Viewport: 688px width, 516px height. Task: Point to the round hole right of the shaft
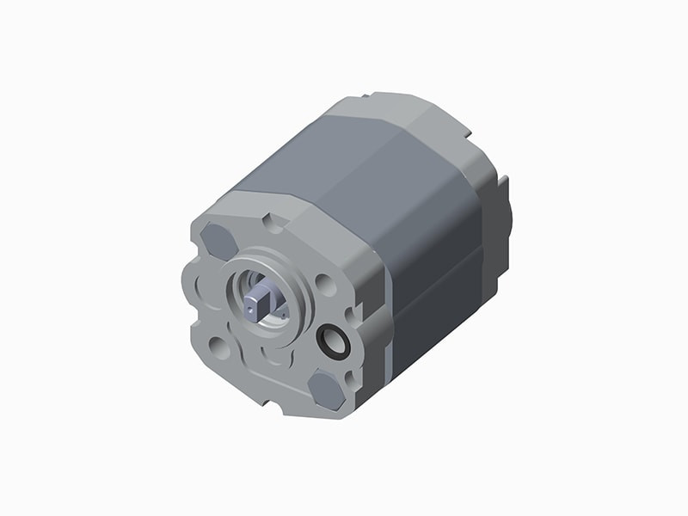click(x=325, y=285)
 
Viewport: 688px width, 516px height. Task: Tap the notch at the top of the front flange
click(x=274, y=223)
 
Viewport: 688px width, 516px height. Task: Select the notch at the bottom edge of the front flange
click(x=273, y=401)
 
